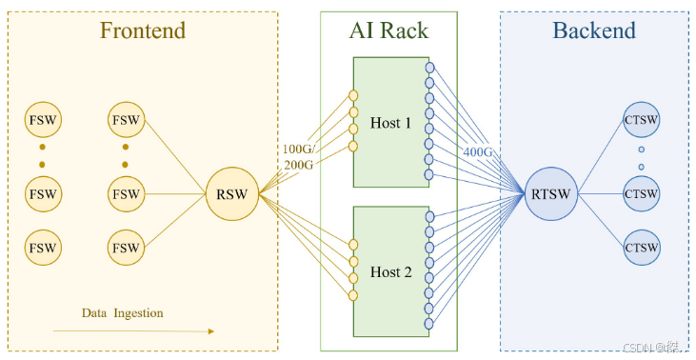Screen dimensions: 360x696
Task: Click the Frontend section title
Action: click(x=143, y=31)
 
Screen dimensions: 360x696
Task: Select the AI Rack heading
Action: click(x=388, y=31)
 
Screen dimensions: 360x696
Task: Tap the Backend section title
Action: click(x=593, y=31)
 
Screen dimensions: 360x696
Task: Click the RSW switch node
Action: click(x=231, y=194)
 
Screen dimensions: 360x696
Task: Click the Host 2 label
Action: click(x=391, y=272)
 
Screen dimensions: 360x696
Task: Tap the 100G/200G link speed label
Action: click(x=298, y=157)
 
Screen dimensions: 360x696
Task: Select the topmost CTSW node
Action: click(x=641, y=120)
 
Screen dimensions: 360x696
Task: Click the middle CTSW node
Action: click(x=641, y=194)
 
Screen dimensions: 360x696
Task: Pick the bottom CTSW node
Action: click(x=641, y=248)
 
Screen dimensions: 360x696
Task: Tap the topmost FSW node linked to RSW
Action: click(x=127, y=120)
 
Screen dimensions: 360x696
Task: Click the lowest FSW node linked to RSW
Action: click(x=127, y=248)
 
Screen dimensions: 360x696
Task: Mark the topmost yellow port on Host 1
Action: click(x=353, y=95)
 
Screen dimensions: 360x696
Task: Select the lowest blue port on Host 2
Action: click(x=429, y=324)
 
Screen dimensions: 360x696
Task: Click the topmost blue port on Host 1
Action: click(x=429, y=68)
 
